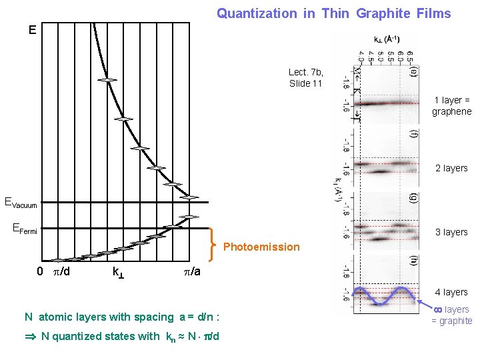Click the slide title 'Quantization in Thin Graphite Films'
[334, 13]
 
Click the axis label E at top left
[33, 30]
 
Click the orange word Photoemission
[261, 247]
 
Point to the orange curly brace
[212, 243]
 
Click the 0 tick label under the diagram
[40, 272]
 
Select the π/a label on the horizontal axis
[192, 272]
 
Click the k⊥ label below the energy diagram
[117, 273]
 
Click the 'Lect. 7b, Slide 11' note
[305, 77]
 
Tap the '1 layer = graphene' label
[451, 106]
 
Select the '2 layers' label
[451, 168]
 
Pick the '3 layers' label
[451, 232]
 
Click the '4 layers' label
[451, 292]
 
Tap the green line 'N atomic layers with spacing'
[122, 317]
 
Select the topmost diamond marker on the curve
[107, 80]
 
